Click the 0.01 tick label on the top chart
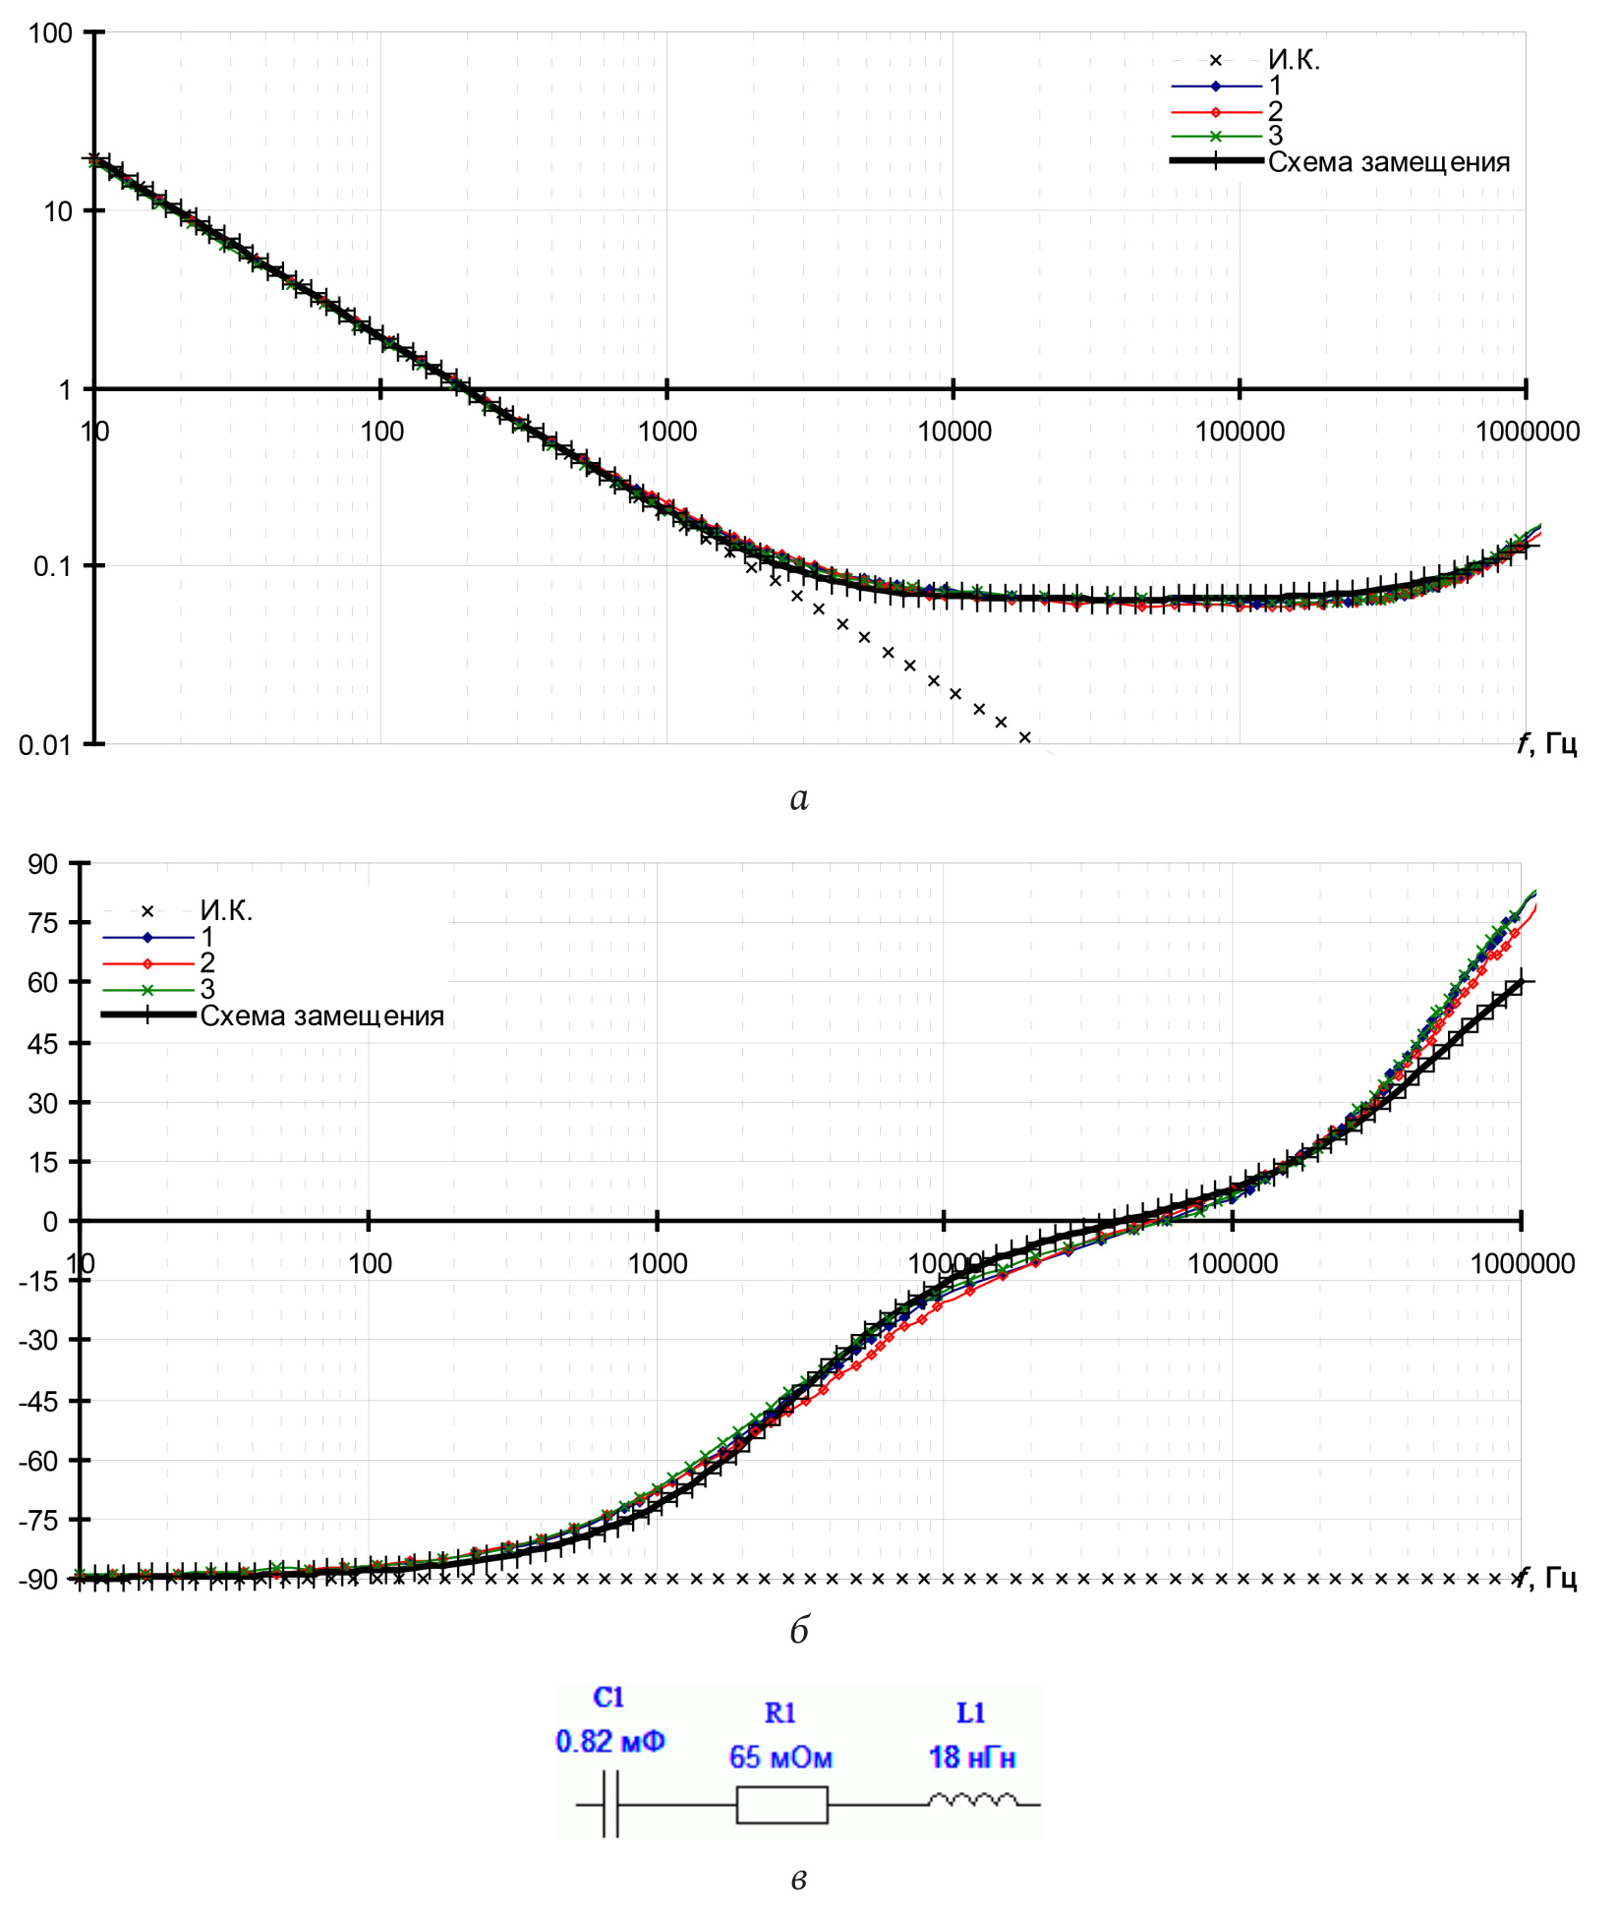[x=45, y=745]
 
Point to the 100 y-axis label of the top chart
[x=50, y=33]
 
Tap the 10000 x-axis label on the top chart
[x=953, y=432]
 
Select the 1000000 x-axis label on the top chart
[x=1527, y=432]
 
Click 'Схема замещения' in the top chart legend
[x=1388, y=162]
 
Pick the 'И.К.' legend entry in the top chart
[x=1294, y=61]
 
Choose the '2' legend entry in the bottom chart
[x=207, y=962]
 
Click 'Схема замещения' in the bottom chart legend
[x=321, y=1015]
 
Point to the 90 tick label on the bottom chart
[x=43, y=864]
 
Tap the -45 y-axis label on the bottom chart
[x=38, y=1400]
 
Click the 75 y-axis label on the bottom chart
[x=43, y=923]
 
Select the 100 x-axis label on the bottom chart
[x=370, y=1263]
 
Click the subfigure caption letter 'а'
[x=799, y=798]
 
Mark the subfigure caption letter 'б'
[x=799, y=1631]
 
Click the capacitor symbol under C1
[x=610, y=1804]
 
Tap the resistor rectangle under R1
[x=781, y=1804]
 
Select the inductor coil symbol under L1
[x=973, y=1800]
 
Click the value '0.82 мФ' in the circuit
[x=610, y=1741]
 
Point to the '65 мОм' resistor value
[x=780, y=1757]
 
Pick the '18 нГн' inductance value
[x=972, y=1757]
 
